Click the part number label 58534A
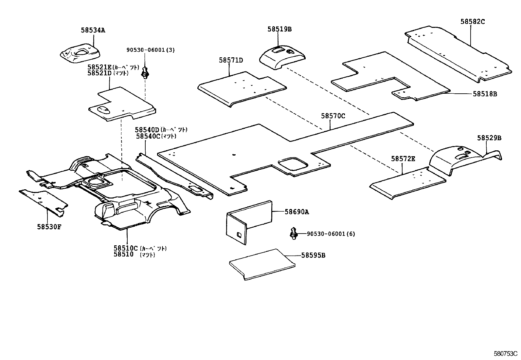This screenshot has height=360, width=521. [x=93, y=30]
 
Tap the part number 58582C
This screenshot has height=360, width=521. [x=472, y=22]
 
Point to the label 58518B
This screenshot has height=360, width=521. [x=485, y=94]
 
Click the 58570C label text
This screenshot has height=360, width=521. [x=333, y=116]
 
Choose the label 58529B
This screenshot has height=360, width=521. [x=489, y=138]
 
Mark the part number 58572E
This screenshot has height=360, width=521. [x=403, y=159]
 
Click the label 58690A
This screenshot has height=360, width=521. [x=296, y=212]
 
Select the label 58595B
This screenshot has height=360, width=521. [x=313, y=255]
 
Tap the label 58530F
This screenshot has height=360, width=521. [x=49, y=226]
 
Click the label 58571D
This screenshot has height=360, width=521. [x=231, y=60]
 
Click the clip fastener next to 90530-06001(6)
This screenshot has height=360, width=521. [x=293, y=233]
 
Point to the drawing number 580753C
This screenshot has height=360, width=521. [x=505, y=354]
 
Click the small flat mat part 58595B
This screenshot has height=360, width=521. [x=262, y=264]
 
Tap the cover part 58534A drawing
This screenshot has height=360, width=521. [x=80, y=53]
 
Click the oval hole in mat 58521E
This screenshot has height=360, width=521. [x=104, y=109]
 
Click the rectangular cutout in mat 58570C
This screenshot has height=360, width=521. [x=292, y=163]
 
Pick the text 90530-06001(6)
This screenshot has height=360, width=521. [x=331, y=234]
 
